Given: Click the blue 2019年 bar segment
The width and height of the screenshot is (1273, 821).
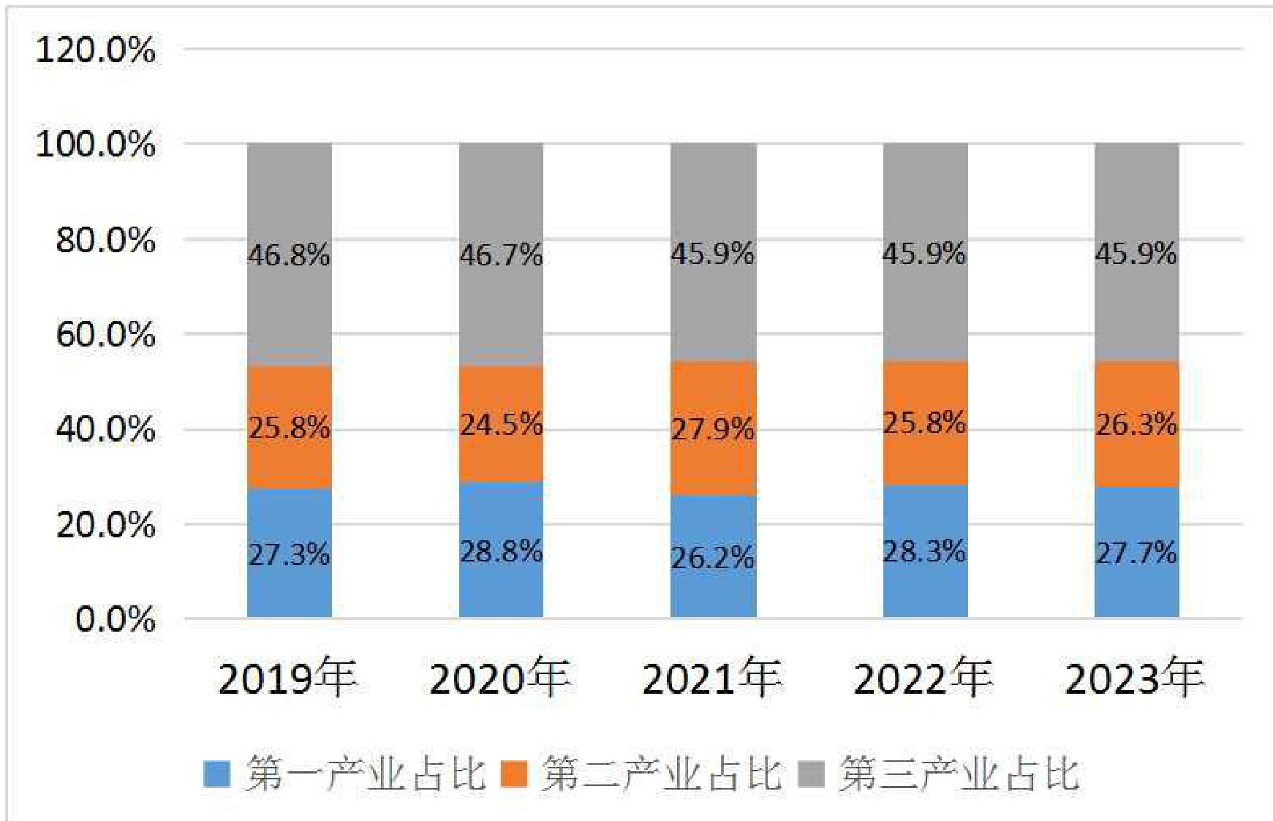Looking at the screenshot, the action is [x=290, y=553].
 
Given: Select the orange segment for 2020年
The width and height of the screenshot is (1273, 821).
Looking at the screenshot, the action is [x=502, y=424].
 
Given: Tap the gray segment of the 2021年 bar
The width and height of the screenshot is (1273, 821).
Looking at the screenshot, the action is [x=714, y=252].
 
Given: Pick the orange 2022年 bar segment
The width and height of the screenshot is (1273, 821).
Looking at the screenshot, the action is [x=926, y=423].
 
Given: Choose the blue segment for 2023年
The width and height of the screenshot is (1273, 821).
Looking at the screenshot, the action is [x=1137, y=552].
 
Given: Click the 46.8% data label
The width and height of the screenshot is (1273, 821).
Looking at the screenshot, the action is [x=290, y=255].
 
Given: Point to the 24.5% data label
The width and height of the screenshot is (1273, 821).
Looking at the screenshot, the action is [x=502, y=424].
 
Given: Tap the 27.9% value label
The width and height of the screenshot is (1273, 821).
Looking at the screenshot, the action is [x=714, y=429].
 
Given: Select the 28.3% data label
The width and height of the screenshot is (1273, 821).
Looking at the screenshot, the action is [x=926, y=551].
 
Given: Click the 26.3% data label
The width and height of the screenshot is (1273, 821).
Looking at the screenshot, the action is [x=1137, y=424].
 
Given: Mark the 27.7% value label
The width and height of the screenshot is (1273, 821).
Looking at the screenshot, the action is [x=1137, y=553].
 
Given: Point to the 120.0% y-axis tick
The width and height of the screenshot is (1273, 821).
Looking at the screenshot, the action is [x=96, y=50].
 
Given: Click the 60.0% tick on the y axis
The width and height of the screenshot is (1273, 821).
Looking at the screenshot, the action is [x=106, y=335].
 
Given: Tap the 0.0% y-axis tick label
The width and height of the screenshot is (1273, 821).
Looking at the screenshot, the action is [x=116, y=620].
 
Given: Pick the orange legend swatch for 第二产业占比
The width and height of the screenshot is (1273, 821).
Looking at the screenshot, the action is [x=514, y=774].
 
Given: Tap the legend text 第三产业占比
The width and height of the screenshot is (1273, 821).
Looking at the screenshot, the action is [x=959, y=773].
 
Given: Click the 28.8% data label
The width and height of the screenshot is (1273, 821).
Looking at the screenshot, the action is [x=502, y=551].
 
